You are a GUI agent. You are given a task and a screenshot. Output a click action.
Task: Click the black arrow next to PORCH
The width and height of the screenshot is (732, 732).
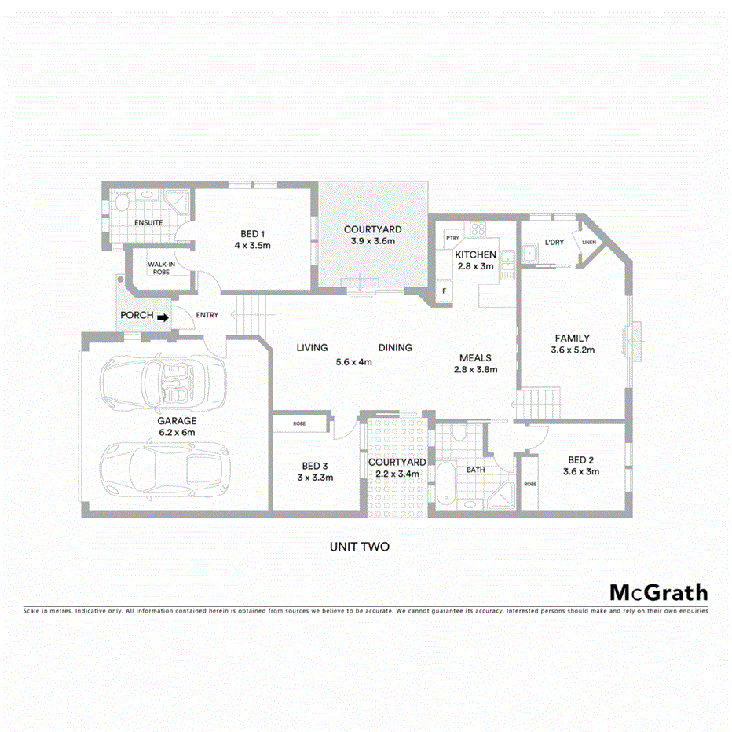[x=163, y=317]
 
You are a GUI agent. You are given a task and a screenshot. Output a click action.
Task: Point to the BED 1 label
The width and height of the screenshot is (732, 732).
[x=254, y=233]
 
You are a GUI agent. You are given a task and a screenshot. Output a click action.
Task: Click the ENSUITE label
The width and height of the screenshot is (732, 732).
[x=148, y=223]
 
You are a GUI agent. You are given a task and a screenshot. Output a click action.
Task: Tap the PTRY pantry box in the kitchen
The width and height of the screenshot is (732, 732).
[x=452, y=237]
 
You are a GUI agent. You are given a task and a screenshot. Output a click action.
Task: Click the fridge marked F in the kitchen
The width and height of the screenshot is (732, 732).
[x=445, y=291]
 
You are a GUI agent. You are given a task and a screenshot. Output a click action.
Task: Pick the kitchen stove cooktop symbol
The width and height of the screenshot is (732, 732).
[x=477, y=229]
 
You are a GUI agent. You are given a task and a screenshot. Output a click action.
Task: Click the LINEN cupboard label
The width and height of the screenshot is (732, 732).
[x=589, y=242]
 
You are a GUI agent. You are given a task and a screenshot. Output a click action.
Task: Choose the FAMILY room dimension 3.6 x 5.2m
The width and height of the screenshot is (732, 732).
[x=572, y=350]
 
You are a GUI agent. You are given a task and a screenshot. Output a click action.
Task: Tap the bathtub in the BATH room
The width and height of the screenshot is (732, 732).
[x=445, y=484]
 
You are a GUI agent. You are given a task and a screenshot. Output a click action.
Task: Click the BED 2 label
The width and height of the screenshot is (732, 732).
[x=582, y=460]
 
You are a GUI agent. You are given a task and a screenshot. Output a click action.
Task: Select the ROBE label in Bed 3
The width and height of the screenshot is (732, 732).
[x=299, y=423]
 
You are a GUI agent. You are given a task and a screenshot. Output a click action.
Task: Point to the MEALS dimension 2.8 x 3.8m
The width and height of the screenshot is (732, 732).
[x=475, y=369]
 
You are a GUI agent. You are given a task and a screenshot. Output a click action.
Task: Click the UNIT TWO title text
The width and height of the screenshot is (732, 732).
[x=360, y=547]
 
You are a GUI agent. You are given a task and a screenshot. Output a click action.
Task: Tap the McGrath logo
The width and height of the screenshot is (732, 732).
[x=658, y=593]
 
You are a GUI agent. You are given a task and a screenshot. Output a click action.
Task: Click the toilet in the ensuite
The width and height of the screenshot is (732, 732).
[x=119, y=204]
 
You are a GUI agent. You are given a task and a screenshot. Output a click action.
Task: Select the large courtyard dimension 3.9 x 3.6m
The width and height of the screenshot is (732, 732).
[x=373, y=241]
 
